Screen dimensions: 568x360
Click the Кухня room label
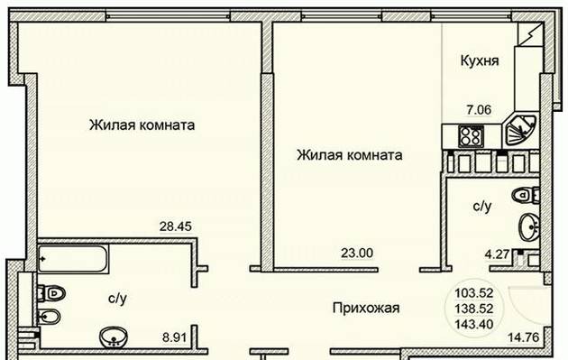[x=480, y=60]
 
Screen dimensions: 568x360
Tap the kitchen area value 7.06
[x=479, y=109]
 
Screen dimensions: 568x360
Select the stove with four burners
[x=471, y=136]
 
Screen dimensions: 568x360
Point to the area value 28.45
[x=176, y=226]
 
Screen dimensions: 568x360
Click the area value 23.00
[x=357, y=253]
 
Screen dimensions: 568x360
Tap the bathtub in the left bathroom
[x=73, y=259]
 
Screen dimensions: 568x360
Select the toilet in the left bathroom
[x=51, y=293]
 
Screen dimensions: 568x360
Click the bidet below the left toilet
[x=50, y=317]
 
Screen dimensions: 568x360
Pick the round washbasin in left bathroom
[x=114, y=337]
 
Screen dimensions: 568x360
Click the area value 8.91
[x=174, y=337]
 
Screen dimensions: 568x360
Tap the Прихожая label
[x=366, y=309]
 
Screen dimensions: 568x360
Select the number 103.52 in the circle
[x=474, y=292]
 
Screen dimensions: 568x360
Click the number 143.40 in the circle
[x=474, y=324]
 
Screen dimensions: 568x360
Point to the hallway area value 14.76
[x=523, y=337]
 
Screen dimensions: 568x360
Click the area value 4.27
[x=497, y=254]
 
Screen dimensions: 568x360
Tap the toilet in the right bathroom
[x=526, y=195]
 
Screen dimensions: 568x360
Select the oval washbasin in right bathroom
[x=529, y=227]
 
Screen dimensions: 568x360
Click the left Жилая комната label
[x=142, y=125]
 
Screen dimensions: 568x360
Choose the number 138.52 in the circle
[x=474, y=309]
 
